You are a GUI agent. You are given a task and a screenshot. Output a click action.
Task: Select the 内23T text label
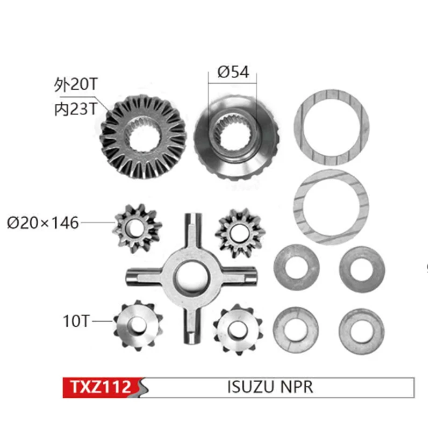coord(76,109)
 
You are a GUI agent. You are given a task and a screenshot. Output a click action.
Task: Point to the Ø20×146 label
coord(43,221)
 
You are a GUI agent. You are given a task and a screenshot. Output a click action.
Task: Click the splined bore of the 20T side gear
coord(144,135)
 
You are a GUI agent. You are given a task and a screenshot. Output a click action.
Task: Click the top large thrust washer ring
coord(333,127)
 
